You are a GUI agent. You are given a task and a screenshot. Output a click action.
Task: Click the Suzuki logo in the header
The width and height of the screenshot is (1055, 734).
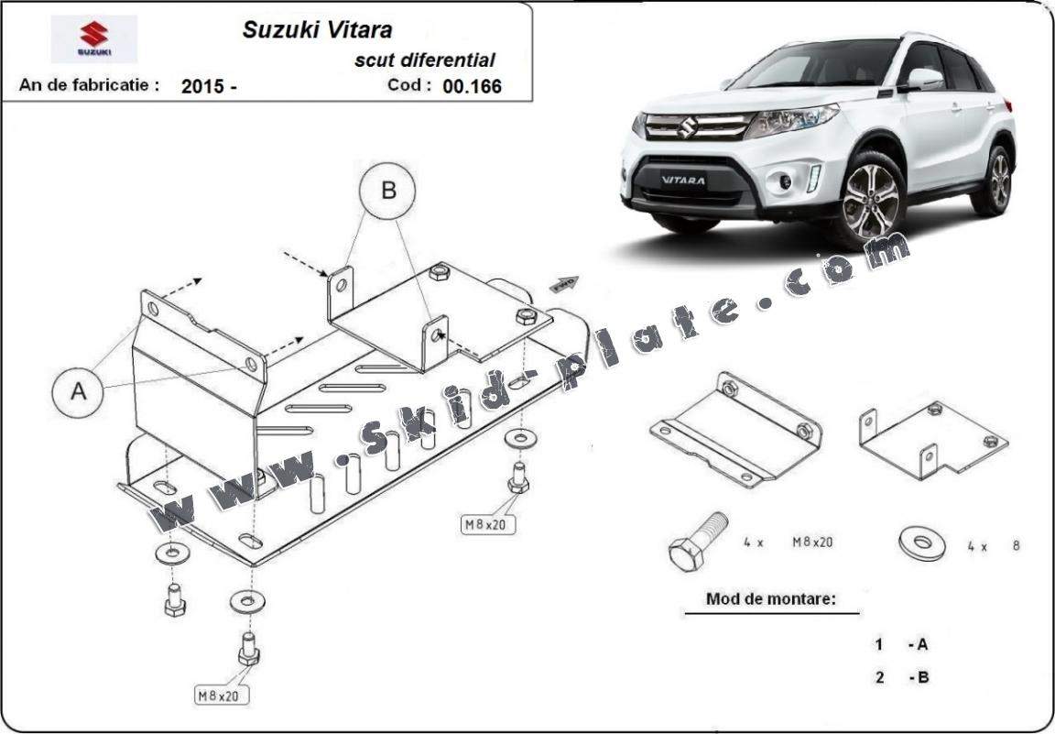click(x=93, y=38)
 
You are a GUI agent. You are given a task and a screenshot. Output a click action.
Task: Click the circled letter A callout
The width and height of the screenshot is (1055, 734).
click(x=80, y=391)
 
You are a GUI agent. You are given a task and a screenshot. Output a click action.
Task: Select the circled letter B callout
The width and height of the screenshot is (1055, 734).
click(x=387, y=192)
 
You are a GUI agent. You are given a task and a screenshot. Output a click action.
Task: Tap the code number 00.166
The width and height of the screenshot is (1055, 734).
click(x=472, y=86)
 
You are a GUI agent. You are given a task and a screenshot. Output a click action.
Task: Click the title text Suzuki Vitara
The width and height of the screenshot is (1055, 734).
click(x=317, y=29)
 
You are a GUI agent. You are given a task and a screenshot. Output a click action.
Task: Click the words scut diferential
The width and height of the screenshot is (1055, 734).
click(x=425, y=60)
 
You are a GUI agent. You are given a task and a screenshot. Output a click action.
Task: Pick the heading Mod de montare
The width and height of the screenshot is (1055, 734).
click(x=770, y=599)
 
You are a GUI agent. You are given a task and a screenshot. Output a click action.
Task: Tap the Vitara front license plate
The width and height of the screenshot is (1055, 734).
click(x=683, y=180)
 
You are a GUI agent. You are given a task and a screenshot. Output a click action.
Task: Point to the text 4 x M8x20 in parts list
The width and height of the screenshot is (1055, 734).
click(x=788, y=542)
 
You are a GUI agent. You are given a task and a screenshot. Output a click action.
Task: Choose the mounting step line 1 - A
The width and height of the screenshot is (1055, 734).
click(x=901, y=644)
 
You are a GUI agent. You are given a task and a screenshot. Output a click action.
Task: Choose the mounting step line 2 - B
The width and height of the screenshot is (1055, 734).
click(x=901, y=678)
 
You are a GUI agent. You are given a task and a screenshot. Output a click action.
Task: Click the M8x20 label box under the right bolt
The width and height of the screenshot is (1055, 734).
click(x=487, y=524)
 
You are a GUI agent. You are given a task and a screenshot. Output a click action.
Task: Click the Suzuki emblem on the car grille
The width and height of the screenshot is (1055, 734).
click(x=688, y=127)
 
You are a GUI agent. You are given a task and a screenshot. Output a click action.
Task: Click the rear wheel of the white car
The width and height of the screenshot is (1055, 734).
click(x=999, y=180)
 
